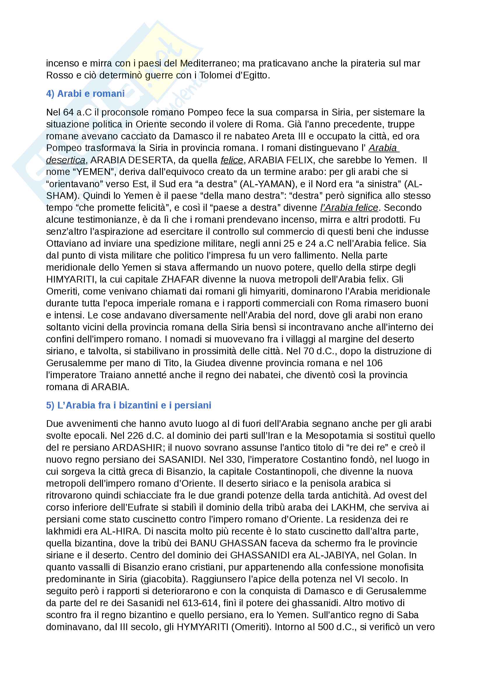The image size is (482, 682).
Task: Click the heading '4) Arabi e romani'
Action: (x=85, y=94)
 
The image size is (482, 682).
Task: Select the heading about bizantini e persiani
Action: (x=128, y=405)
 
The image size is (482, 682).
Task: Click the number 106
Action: (x=374, y=363)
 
